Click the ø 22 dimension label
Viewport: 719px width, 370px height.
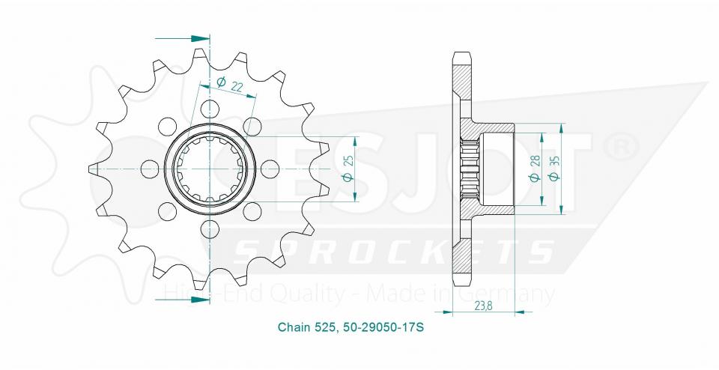(231, 85)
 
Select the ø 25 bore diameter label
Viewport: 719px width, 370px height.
(347, 170)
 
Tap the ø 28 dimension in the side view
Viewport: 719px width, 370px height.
(533, 170)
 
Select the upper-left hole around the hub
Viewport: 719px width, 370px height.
(168, 124)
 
